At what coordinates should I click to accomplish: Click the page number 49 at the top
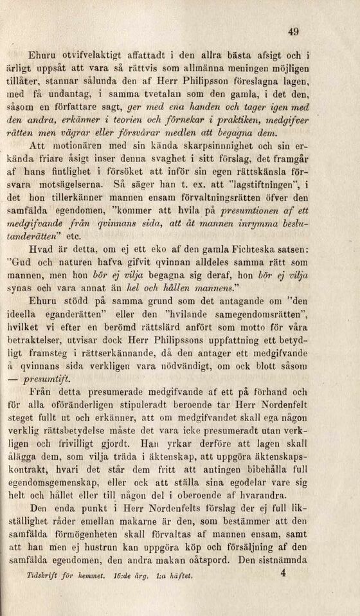[x=294, y=32]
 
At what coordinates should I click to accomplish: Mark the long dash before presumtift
[x=32, y=380]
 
